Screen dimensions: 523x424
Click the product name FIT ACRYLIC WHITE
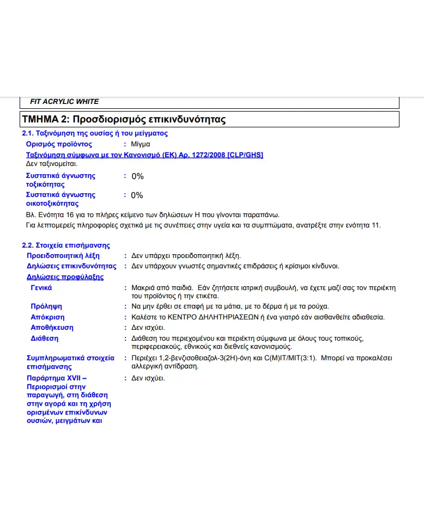click(64, 102)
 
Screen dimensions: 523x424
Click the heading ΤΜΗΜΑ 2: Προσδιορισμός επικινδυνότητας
click(124, 119)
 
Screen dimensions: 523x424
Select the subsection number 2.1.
click(27, 133)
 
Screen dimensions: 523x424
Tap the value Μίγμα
click(141, 144)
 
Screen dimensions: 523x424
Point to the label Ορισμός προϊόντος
click(59, 144)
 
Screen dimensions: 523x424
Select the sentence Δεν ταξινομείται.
click(52, 163)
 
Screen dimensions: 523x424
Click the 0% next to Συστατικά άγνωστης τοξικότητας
click(137, 176)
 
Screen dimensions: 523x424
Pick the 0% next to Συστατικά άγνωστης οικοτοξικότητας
click(137, 195)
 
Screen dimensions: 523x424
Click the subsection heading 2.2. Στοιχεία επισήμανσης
click(65, 245)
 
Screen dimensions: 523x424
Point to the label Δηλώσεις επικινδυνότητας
click(71, 266)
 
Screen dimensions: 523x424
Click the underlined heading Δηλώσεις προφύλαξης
click(65, 277)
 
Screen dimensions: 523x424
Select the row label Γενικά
click(41, 288)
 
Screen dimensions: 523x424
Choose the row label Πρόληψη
click(46, 306)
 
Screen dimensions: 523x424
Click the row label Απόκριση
click(47, 317)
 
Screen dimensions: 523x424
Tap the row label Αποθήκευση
click(52, 328)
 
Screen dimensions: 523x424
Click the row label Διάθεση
click(44, 339)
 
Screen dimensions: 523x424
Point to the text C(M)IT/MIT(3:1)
click(290, 358)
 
